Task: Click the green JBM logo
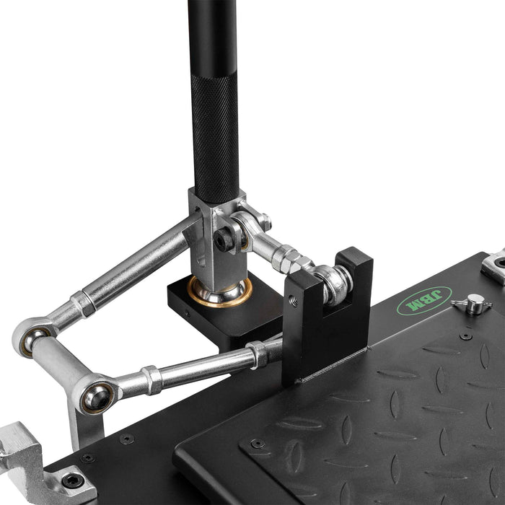[424, 301]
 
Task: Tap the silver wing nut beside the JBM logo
[472, 304]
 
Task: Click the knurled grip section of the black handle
[216, 138]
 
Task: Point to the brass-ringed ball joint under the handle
[220, 291]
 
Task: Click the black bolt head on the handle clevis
[224, 240]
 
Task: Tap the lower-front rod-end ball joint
[96, 398]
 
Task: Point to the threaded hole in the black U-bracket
[293, 301]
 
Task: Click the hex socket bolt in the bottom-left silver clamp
[73, 481]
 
